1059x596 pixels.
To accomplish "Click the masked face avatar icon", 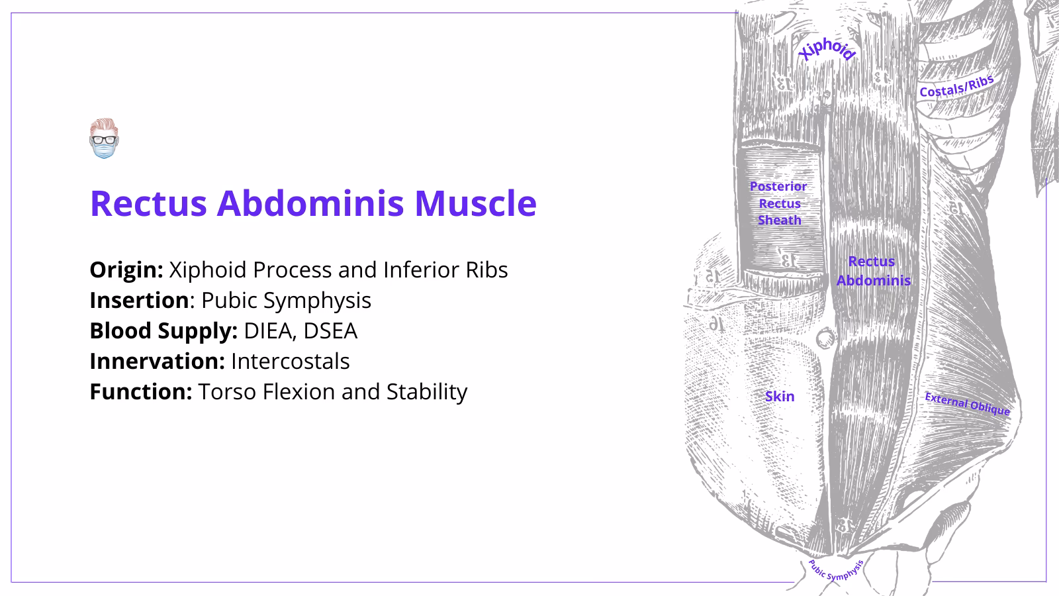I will click(x=103, y=138).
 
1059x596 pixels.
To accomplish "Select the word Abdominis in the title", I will click(x=310, y=203).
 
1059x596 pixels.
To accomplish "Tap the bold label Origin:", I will click(x=126, y=270).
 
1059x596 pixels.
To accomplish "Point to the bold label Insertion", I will click(x=139, y=301).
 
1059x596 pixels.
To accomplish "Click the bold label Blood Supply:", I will click(x=163, y=331).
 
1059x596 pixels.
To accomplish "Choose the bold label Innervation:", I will click(x=157, y=362).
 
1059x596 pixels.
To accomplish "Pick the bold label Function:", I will click(x=140, y=392).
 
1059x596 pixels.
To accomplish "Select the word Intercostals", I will click(x=290, y=362).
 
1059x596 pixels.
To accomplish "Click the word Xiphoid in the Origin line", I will click(x=208, y=270).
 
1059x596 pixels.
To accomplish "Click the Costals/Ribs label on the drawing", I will click(x=956, y=87).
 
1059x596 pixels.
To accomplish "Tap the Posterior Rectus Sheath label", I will click(x=778, y=203).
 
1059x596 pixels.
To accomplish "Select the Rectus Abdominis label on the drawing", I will click(x=872, y=271).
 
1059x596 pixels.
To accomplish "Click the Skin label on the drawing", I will click(x=779, y=397).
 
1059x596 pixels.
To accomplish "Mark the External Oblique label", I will click(x=967, y=404).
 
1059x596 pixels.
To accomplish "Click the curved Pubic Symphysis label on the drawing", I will click(x=835, y=571).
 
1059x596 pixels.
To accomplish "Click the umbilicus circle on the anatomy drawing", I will click(x=825, y=339).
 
